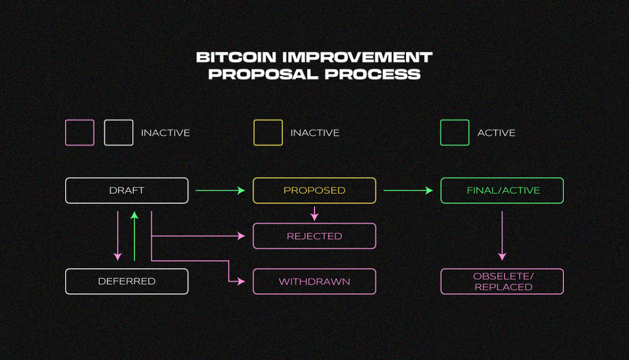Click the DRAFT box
(x=127, y=190)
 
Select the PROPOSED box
(x=314, y=190)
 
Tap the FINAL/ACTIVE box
(x=502, y=190)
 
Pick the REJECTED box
(x=314, y=236)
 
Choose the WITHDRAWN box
(x=314, y=281)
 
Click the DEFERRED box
(x=127, y=281)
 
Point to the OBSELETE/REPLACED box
(x=502, y=281)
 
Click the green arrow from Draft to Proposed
(x=220, y=190)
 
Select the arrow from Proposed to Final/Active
(x=408, y=190)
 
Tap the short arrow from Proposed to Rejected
(x=314, y=214)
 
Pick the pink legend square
(x=80, y=133)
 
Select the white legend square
(x=119, y=133)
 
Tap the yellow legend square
(x=268, y=133)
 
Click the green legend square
(x=455, y=133)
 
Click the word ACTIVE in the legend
(x=496, y=133)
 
